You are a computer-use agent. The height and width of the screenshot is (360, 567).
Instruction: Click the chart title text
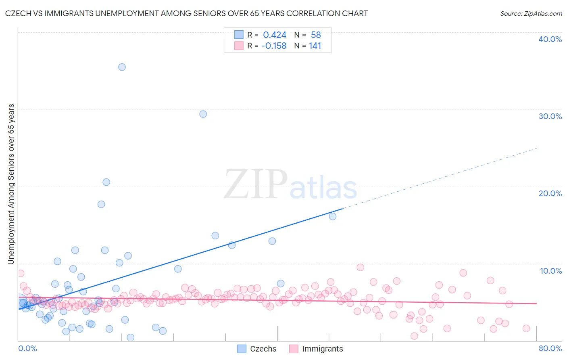(186, 13)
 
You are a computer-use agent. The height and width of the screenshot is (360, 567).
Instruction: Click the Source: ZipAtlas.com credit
(531, 13)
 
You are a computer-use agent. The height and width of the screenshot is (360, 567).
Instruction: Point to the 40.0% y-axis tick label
(550, 39)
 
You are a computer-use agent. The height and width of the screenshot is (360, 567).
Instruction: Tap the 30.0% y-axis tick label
(550, 116)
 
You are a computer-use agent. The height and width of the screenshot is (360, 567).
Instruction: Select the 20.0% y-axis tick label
(550, 193)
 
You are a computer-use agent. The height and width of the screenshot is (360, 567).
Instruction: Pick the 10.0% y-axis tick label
(551, 271)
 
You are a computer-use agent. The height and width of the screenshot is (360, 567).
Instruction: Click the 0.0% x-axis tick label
(27, 348)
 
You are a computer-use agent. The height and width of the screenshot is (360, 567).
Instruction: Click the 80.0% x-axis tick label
(550, 348)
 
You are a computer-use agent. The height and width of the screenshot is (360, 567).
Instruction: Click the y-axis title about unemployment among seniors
(11, 184)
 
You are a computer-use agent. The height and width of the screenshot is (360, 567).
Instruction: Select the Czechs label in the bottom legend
(263, 349)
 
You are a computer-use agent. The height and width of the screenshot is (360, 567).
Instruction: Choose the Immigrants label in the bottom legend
(322, 349)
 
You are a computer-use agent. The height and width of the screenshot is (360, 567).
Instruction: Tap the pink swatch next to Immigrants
(294, 349)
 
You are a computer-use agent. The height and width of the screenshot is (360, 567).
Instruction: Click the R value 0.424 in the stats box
(275, 35)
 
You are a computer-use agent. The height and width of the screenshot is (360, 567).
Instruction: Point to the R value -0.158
(274, 46)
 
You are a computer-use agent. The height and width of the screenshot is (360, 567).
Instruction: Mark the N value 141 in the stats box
(315, 46)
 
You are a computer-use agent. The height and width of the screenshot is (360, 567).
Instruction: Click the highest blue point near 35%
(122, 67)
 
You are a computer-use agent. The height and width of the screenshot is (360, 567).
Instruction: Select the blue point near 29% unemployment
(203, 114)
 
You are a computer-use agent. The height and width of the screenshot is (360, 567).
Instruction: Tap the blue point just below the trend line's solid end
(333, 216)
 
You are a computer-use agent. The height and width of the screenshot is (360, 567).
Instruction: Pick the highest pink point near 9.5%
(361, 267)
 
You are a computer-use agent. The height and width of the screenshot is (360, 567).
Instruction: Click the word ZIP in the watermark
(256, 184)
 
